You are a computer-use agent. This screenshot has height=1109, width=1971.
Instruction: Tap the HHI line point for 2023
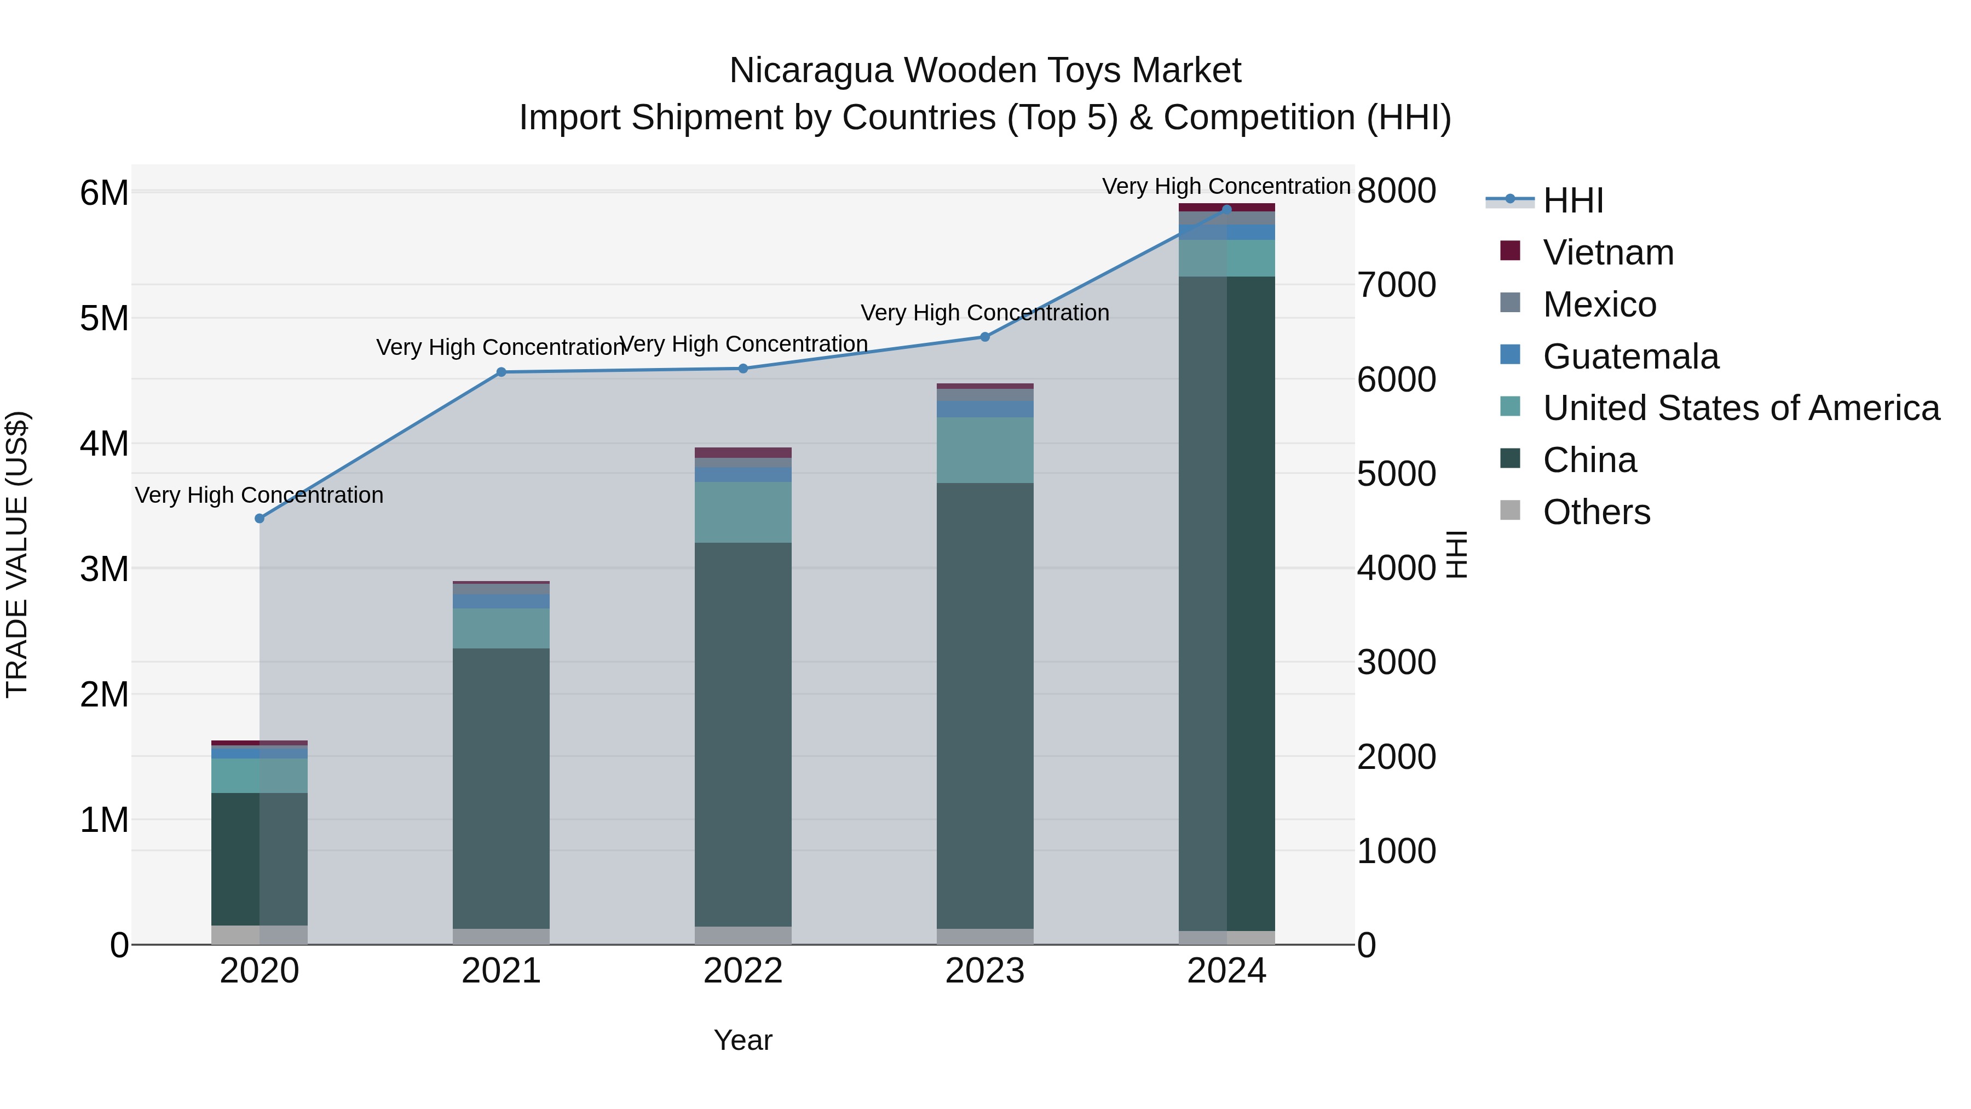pyautogui.click(x=985, y=337)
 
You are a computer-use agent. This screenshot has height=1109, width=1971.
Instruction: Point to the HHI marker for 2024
pyautogui.click(x=1226, y=209)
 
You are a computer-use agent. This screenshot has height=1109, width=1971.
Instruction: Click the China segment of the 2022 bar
pyautogui.click(x=743, y=735)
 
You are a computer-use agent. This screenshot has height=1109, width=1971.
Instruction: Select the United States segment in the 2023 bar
pyautogui.click(x=985, y=450)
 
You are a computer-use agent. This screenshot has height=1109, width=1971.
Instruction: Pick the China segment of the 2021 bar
pyautogui.click(x=501, y=788)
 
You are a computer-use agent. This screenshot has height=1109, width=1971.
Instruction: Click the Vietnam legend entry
pyautogui.click(x=1607, y=252)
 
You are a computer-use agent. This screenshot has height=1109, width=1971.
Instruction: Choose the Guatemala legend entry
pyautogui.click(x=1630, y=357)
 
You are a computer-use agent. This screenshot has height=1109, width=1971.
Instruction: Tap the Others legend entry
pyautogui.click(x=1596, y=512)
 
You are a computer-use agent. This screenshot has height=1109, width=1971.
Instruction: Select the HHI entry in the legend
pyautogui.click(x=1572, y=200)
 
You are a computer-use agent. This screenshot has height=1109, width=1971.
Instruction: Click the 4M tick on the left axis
pyautogui.click(x=104, y=444)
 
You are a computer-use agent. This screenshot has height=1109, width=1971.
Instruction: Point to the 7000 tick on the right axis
pyautogui.click(x=1396, y=285)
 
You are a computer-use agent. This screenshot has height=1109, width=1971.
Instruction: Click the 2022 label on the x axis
pyautogui.click(x=743, y=971)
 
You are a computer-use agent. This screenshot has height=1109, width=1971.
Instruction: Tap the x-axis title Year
pyautogui.click(x=743, y=1040)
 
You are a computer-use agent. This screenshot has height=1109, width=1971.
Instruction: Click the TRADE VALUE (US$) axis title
pyautogui.click(x=17, y=554)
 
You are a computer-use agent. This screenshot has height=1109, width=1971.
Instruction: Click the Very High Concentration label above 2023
pyautogui.click(x=985, y=313)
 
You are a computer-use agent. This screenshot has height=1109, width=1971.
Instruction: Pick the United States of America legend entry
pyautogui.click(x=1741, y=409)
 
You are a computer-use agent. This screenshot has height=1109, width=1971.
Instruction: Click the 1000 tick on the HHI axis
pyautogui.click(x=1396, y=851)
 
